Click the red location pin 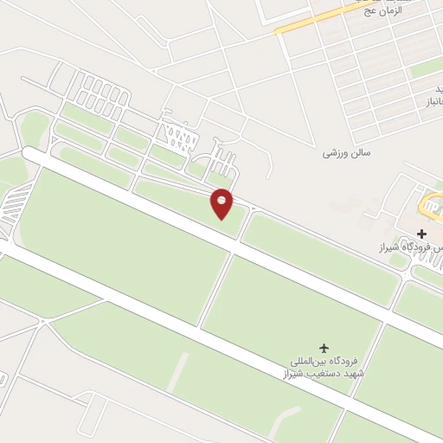pos(222,202)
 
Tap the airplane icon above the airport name pos(324,347)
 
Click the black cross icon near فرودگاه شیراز pos(422,234)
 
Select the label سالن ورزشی pos(346,153)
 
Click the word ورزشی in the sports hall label pos(335,153)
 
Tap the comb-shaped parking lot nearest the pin pos(223,162)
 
